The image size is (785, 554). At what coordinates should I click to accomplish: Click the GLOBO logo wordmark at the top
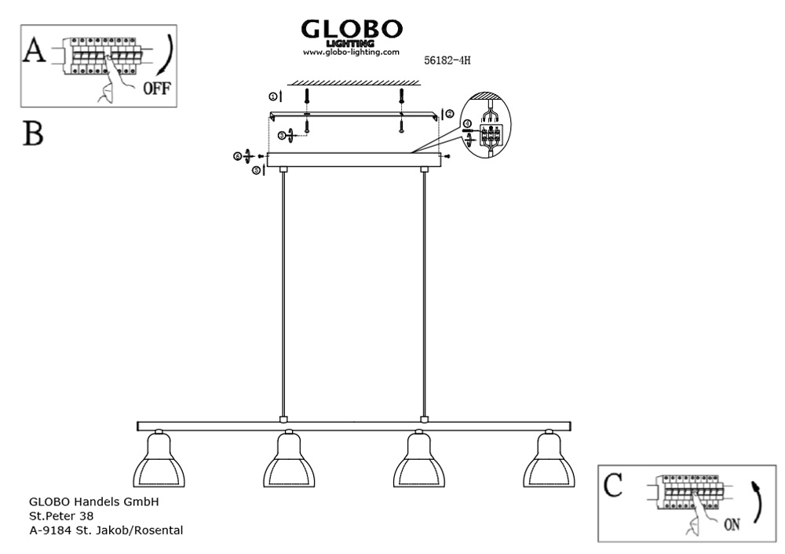click(352, 29)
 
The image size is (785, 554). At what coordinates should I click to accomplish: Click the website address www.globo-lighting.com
click(351, 52)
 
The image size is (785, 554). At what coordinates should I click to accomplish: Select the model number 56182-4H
click(447, 60)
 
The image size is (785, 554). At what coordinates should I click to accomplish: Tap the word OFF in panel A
click(157, 88)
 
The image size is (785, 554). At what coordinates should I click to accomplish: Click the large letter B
click(33, 133)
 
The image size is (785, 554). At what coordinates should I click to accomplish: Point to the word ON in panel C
click(732, 524)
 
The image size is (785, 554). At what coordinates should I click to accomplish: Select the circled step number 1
click(273, 97)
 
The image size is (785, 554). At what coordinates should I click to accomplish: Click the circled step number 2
click(450, 114)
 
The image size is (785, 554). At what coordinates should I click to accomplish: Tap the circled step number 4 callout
click(467, 124)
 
